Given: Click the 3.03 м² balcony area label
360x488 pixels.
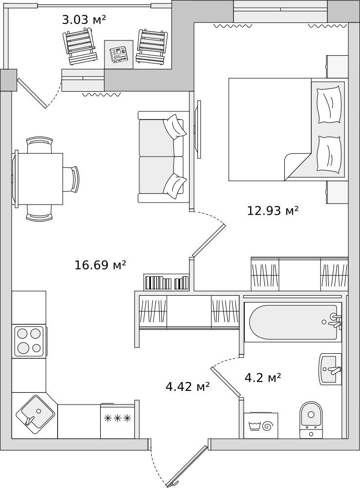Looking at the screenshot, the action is tap(84, 20).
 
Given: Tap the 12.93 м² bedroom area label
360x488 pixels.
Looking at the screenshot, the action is tap(273, 211).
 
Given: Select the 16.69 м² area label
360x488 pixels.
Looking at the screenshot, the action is tap(100, 265).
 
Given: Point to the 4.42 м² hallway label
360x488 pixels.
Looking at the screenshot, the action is tap(188, 386).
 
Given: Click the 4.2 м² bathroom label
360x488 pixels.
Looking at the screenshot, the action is tap(263, 378).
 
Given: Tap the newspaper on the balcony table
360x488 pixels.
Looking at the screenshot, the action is tap(119, 55).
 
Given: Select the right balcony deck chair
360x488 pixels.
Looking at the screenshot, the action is tap(152, 47).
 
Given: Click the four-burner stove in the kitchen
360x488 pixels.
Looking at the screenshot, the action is tap(29, 341).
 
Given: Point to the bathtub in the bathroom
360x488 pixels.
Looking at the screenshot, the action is tap(293, 322).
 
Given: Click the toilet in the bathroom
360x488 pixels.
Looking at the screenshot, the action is tap(311, 420).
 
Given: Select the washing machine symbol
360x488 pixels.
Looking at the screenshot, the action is tap(261, 425).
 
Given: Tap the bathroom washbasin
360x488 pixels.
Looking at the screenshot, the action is tap(330, 369).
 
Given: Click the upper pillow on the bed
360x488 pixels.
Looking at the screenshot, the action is tap(329, 105).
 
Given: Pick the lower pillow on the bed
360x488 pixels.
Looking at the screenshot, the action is tap(329, 154).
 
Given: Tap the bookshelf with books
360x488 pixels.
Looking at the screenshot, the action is tap(166, 282).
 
